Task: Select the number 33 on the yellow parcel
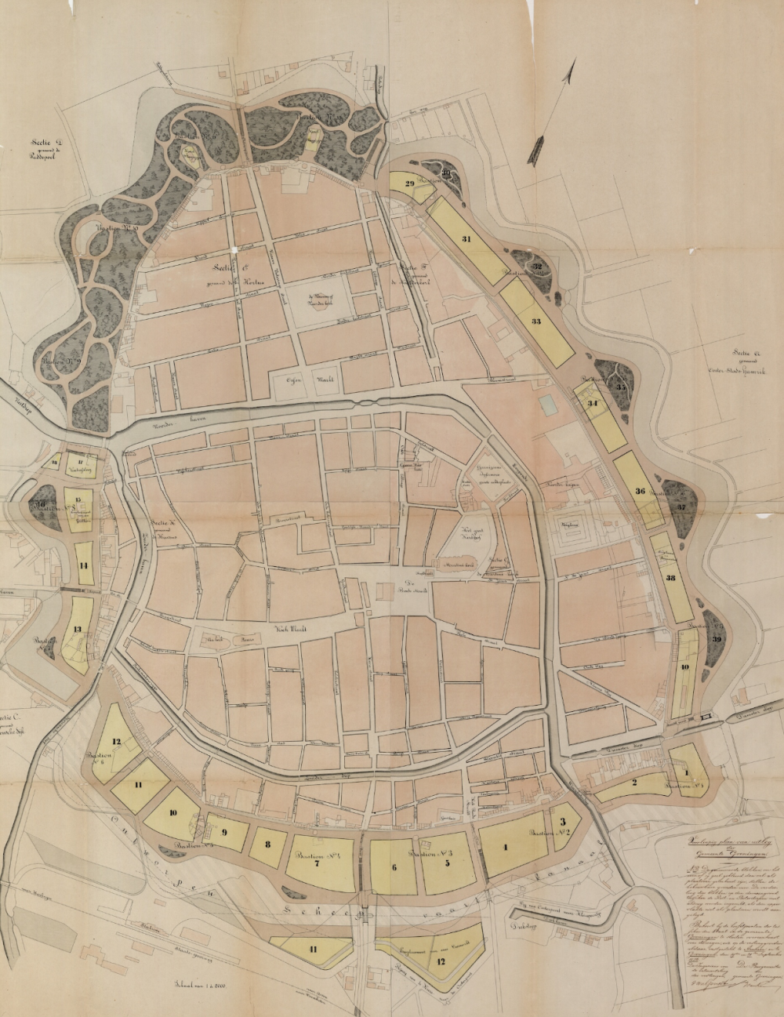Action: [x=536, y=321]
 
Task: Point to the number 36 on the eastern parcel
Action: [x=640, y=492]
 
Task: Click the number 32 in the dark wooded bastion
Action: [x=537, y=267]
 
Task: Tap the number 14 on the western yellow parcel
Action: [x=83, y=565]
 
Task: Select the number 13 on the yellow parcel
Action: [x=77, y=629]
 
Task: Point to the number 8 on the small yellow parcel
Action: [x=268, y=844]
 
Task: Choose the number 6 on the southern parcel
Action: [x=394, y=866]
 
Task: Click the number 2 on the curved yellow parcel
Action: [x=635, y=782]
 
